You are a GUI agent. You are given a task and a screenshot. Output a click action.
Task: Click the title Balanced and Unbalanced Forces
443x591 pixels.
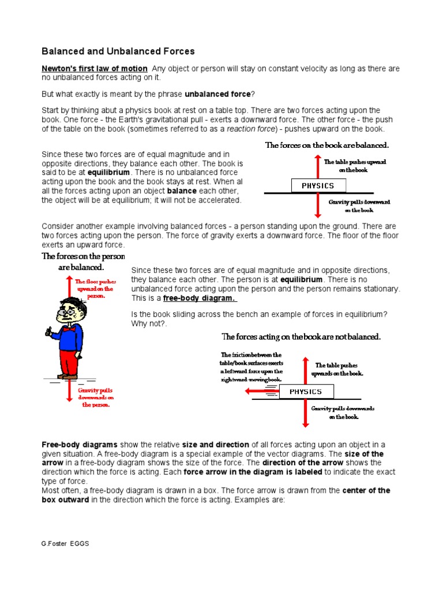(x=118, y=51)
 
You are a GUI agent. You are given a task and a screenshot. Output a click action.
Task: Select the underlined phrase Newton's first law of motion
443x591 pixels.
(x=95, y=69)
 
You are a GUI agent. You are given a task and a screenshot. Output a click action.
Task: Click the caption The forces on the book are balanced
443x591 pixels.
(x=326, y=145)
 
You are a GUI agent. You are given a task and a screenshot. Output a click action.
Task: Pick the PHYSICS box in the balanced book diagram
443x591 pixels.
(x=318, y=185)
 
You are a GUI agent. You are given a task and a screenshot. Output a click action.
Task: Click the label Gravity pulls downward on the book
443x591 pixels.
(x=359, y=206)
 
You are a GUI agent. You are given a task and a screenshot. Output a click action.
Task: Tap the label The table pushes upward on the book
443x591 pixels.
(x=355, y=166)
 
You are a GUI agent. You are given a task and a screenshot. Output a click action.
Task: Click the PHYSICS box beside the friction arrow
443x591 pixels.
(x=305, y=392)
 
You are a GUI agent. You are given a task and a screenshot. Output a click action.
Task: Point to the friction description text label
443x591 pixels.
(x=251, y=367)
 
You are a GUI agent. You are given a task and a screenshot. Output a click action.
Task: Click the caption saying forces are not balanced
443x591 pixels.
(x=301, y=336)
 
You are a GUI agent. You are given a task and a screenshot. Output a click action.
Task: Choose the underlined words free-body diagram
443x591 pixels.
(x=200, y=298)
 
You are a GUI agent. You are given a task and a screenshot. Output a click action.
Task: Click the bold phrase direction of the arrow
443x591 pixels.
(x=303, y=463)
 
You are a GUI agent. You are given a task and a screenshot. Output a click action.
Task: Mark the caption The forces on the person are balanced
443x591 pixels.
(x=82, y=261)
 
